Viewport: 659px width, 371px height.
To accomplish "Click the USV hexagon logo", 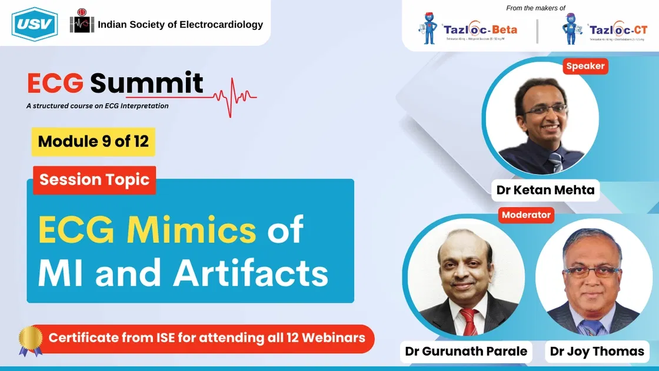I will pyautogui.click(x=34, y=24).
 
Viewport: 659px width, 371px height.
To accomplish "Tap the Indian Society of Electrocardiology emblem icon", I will pyautogui.click(x=82, y=24).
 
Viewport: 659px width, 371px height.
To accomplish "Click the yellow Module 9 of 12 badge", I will pyautogui.click(x=93, y=141).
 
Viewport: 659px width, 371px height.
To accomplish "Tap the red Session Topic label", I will pyautogui.click(x=94, y=180).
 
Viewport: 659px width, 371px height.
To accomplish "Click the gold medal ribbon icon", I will pyautogui.click(x=30, y=341).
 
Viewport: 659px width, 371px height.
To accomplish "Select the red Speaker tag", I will pyautogui.click(x=585, y=66).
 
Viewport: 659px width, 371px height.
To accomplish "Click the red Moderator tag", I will pyautogui.click(x=526, y=215).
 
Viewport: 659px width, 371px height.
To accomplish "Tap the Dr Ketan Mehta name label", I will pyautogui.click(x=545, y=190).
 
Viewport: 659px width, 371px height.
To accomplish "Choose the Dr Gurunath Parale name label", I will pyautogui.click(x=466, y=352).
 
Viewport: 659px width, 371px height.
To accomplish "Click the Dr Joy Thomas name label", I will pyautogui.click(x=597, y=352).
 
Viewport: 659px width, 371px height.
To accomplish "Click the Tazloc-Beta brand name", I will pyautogui.click(x=480, y=29).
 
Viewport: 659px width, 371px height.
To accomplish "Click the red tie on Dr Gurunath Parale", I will pyautogui.click(x=470, y=321).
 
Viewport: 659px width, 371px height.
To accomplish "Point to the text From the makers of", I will pyautogui.click(x=535, y=8).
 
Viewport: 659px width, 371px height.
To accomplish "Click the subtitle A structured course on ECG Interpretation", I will pyautogui.click(x=98, y=106).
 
